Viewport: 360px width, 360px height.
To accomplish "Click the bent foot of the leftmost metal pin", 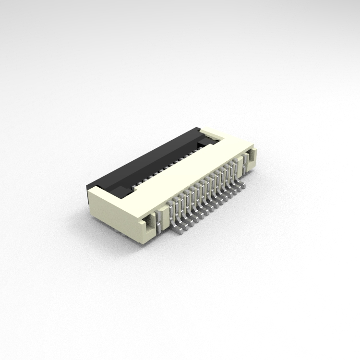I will click(179, 229).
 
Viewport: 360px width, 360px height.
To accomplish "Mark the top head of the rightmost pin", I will click(235, 163).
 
